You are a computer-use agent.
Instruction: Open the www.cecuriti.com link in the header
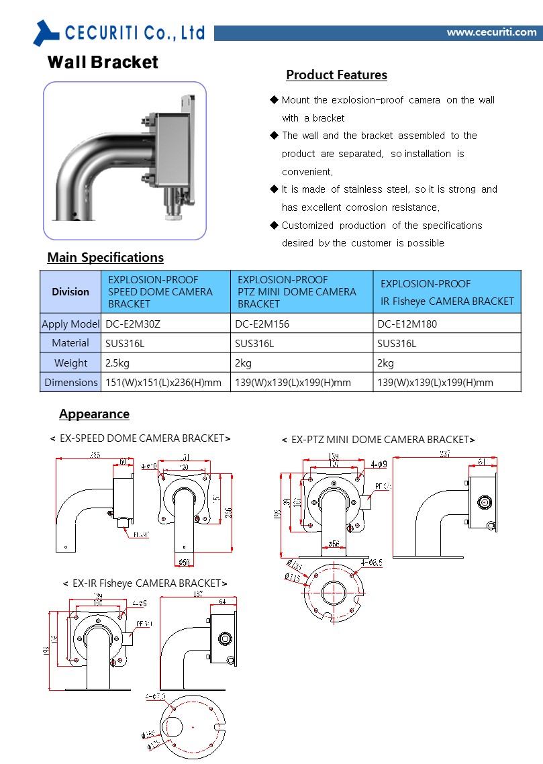click(x=491, y=32)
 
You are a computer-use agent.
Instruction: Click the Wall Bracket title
click(x=103, y=62)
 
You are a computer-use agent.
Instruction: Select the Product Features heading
click(x=336, y=75)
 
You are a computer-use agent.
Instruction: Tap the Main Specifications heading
click(x=105, y=258)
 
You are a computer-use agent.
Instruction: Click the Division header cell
click(x=70, y=291)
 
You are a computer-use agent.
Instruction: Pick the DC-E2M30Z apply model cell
click(x=133, y=324)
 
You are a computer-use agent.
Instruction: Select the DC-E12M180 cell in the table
click(x=407, y=324)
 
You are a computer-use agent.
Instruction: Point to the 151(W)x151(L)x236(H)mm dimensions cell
click(x=163, y=383)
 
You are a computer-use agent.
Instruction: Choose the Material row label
click(x=70, y=343)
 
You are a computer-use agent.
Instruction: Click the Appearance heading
click(x=94, y=414)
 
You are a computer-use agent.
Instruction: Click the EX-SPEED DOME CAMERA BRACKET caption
click(x=140, y=438)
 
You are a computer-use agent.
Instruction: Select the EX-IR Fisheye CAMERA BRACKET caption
click(x=145, y=583)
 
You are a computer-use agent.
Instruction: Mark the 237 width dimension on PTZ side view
click(x=445, y=455)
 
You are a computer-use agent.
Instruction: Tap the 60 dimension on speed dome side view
click(x=123, y=461)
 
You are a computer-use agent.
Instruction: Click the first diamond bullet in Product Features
click(x=274, y=100)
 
